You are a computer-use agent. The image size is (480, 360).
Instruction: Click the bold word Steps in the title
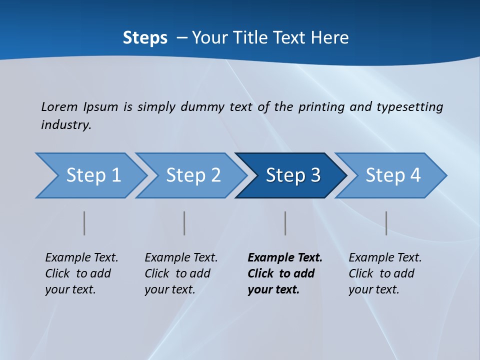tap(145, 38)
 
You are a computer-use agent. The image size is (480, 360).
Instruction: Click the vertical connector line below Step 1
tap(84, 223)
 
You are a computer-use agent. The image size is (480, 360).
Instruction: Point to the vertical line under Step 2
tap(184, 223)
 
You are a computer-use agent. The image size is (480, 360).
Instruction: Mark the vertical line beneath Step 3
tap(285, 223)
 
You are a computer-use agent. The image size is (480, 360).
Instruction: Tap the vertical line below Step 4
tap(386, 223)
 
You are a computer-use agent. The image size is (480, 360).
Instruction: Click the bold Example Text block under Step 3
tap(284, 273)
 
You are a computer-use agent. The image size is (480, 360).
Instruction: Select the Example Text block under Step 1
tap(81, 273)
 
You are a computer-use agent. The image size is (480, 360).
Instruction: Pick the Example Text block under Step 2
tap(181, 273)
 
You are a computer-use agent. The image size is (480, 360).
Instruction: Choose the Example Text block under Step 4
tap(385, 273)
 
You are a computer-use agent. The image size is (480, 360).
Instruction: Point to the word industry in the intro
tap(65, 124)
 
